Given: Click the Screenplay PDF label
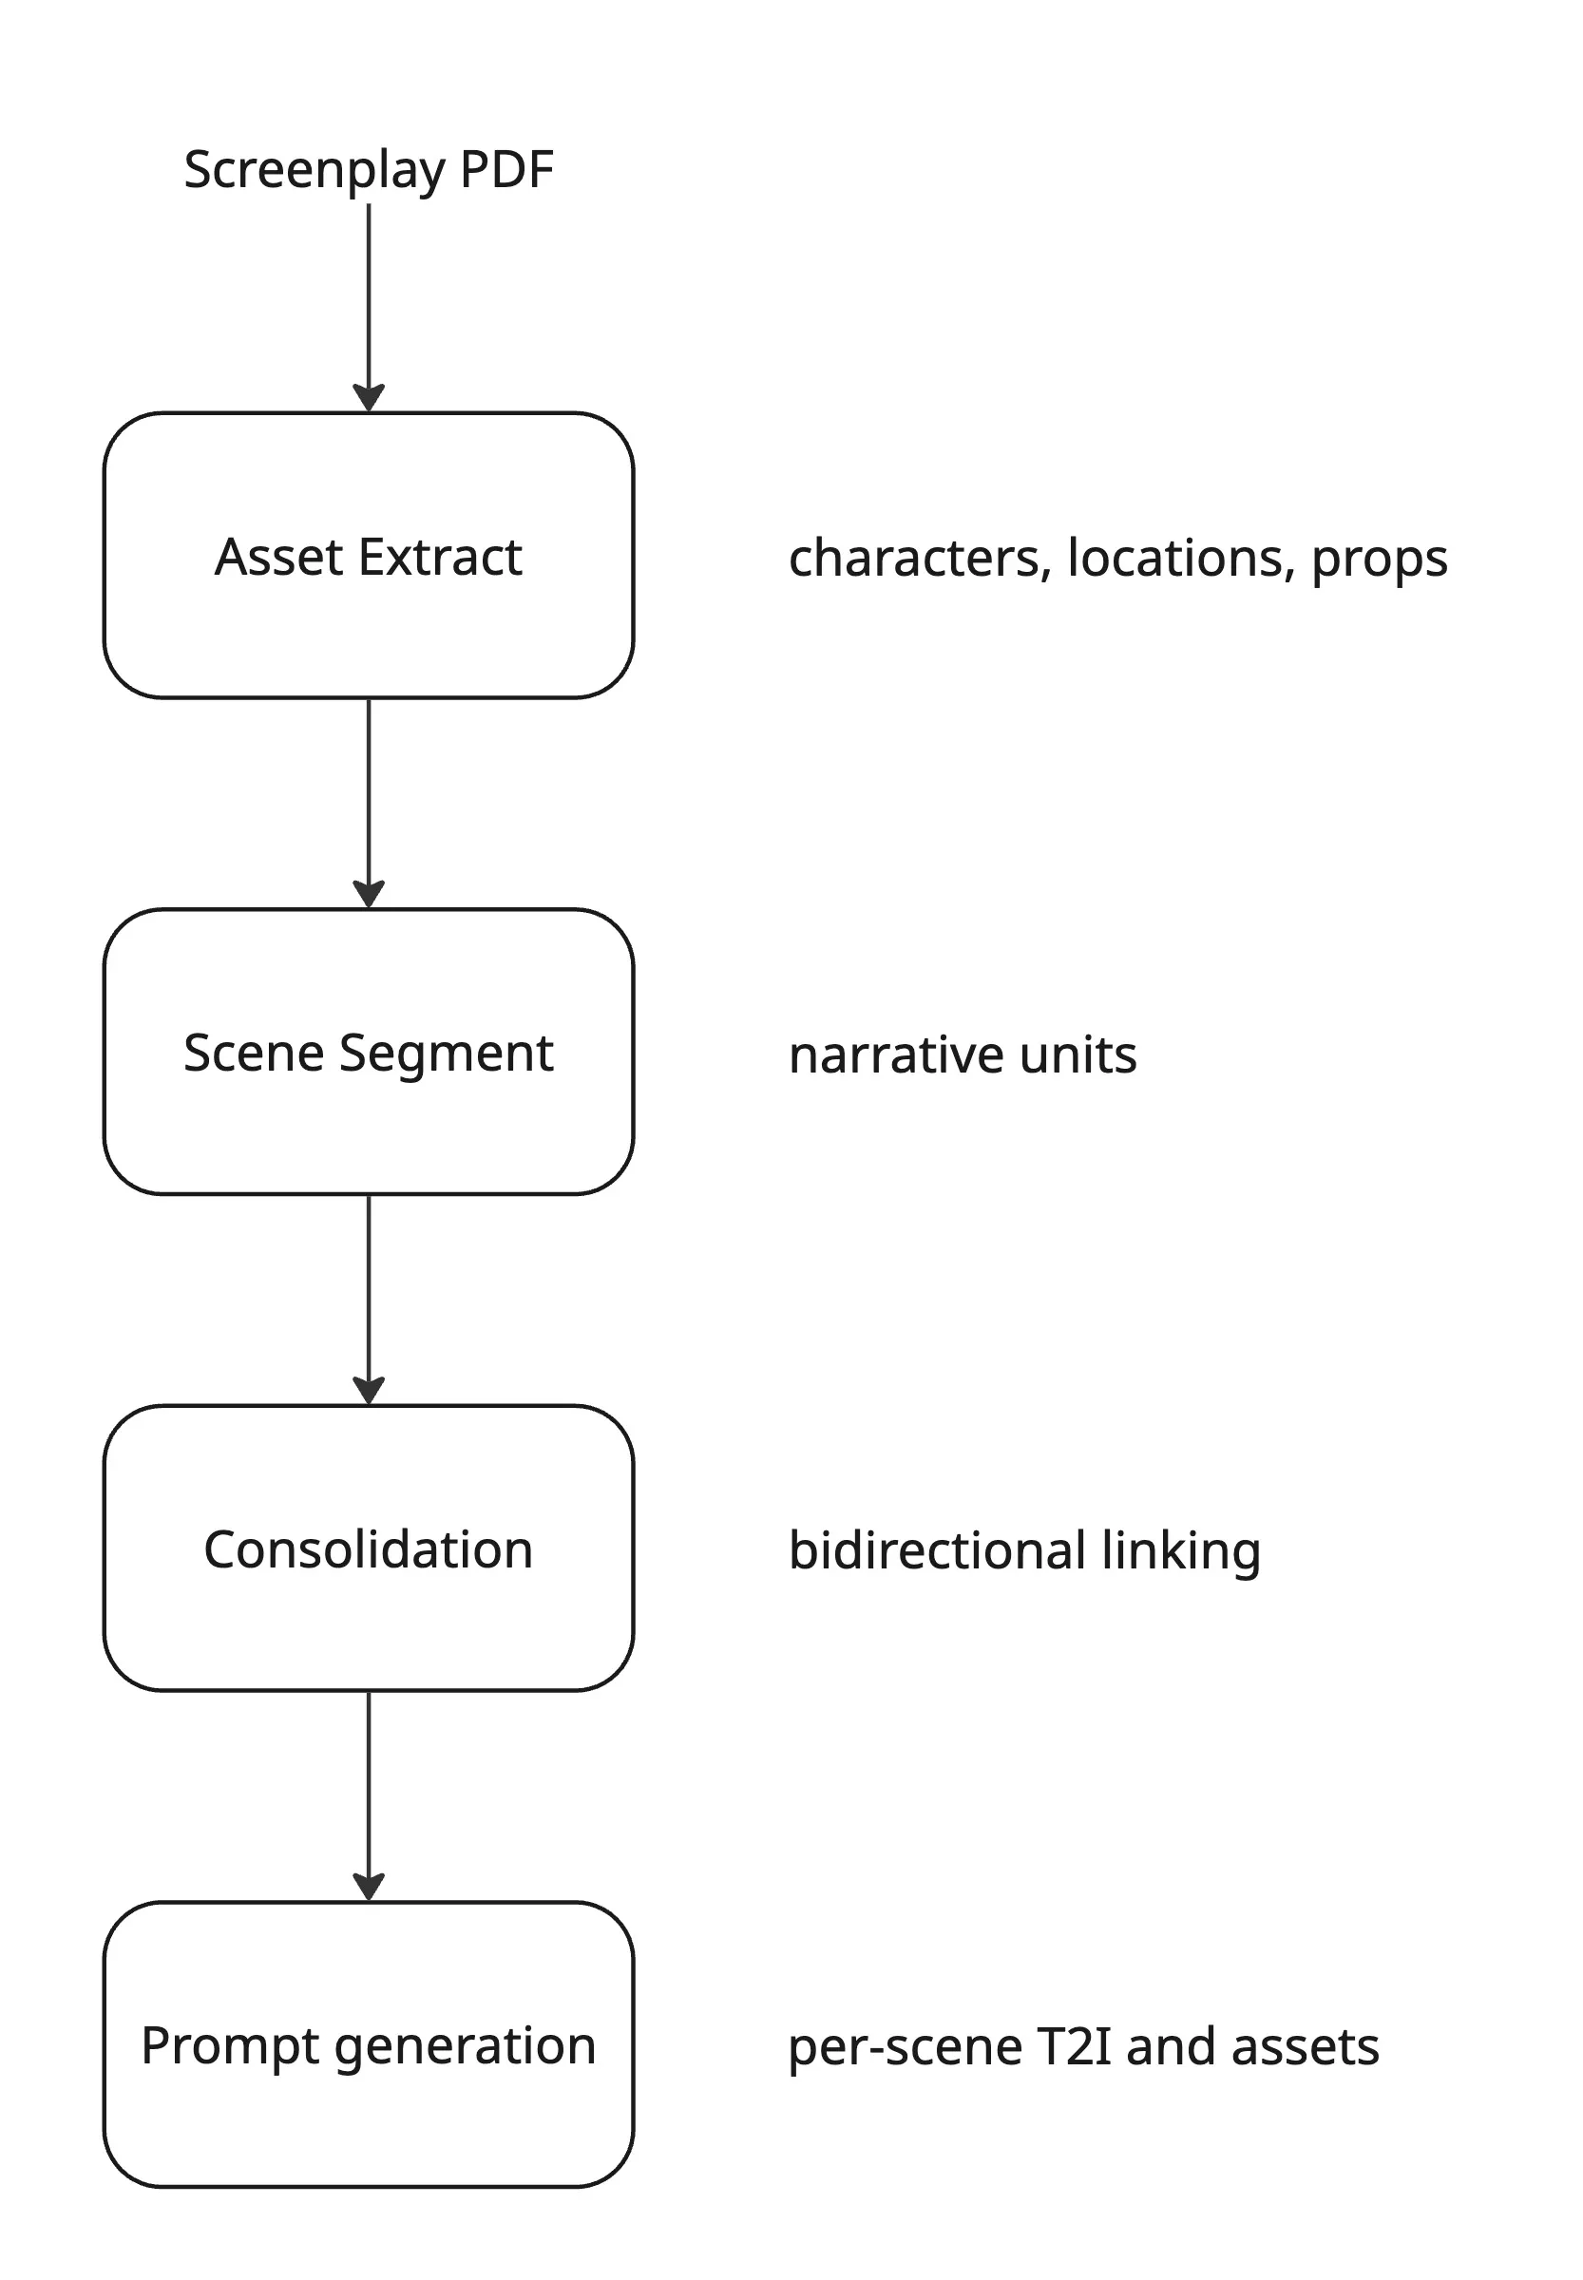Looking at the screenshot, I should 368,170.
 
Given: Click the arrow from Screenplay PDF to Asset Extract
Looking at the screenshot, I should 369,308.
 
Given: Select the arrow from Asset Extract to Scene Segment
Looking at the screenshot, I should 369,804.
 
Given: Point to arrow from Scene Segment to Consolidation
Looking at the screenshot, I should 369,1300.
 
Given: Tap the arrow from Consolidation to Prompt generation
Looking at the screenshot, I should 369,1795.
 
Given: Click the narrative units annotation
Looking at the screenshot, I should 963,1055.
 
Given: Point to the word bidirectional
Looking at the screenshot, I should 936,1550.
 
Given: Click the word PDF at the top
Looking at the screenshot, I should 505,170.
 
